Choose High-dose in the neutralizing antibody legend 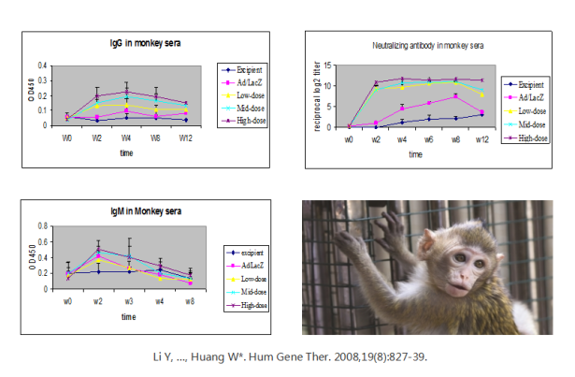529,138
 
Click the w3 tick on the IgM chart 128,300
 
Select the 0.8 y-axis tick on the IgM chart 41,226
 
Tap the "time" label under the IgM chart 127,316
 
